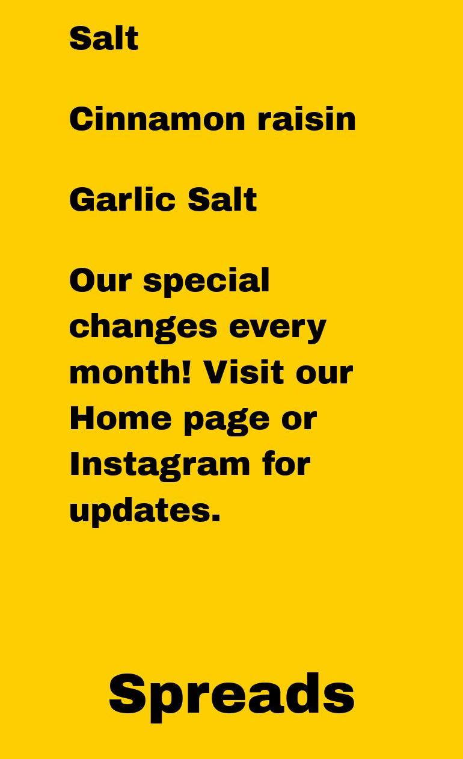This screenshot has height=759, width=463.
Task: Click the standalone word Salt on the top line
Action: click(x=104, y=39)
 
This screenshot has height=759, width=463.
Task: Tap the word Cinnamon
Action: click(x=157, y=119)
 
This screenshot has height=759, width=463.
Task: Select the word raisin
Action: click(x=307, y=119)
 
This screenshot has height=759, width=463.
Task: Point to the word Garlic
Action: click(x=123, y=200)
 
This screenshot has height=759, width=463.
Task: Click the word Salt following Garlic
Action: click(x=222, y=200)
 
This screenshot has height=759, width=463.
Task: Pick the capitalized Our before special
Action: click(x=100, y=280)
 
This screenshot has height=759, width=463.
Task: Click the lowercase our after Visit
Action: click(x=324, y=376)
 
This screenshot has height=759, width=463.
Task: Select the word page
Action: click(x=227, y=422)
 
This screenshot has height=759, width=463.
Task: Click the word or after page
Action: click(x=299, y=421)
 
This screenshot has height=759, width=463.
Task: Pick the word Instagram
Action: click(x=160, y=468)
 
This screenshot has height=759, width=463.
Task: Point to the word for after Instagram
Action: click(x=286, y=464)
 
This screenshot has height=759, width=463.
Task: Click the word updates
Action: click(x=145, y=513)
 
